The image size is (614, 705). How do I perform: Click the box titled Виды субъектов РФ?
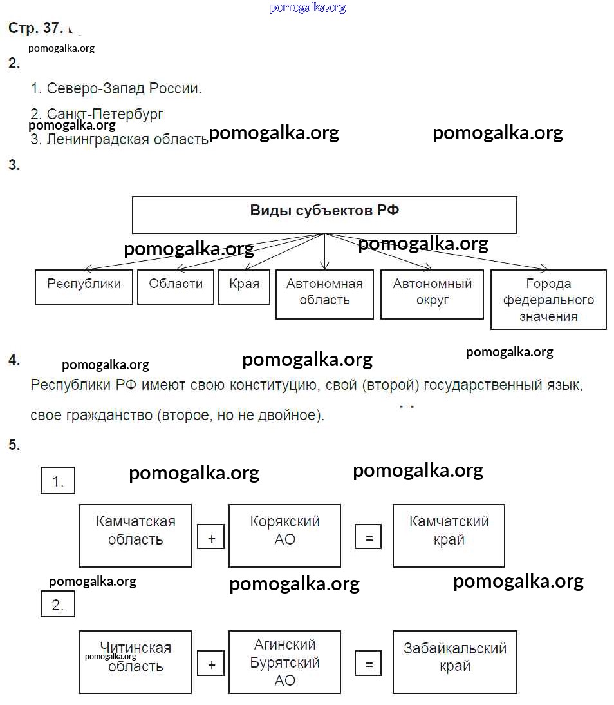pos(324,215)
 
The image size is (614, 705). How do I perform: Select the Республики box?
pos(84,287)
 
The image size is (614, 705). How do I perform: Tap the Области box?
pos(176,287)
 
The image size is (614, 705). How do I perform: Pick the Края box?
pos(244,287)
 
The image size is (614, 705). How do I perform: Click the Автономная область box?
pos(324,294)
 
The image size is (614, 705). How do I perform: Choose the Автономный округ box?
pos(432,294)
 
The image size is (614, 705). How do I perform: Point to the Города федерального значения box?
pos(548,300)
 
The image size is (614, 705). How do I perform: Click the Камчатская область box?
pos(135,536)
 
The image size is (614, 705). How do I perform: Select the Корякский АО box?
pos(284,536)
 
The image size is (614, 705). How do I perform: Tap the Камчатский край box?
pos(449,536)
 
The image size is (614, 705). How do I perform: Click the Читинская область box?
pos(135,662)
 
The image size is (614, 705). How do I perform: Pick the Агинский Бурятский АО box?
pos(284,662)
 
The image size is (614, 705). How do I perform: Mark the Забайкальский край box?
pos(454,662)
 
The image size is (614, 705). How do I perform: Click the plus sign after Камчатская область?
pos(211,538)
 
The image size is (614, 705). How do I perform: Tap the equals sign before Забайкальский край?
pos(368,664)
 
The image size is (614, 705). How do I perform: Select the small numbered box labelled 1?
pos(58,481)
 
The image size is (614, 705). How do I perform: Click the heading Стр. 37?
pos(35,28)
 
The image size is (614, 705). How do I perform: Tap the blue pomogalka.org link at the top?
pos(308,8)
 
